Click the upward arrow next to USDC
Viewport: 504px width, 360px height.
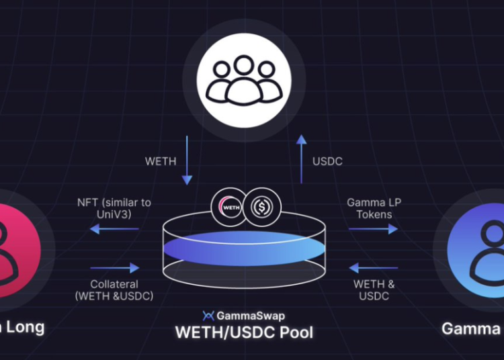302,159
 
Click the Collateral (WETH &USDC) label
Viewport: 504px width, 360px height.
114,290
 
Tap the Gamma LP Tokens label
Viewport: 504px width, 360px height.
374,208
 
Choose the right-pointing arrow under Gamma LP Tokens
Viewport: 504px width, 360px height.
373,230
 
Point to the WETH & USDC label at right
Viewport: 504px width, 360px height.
374,290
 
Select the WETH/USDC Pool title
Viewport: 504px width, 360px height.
244,331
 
